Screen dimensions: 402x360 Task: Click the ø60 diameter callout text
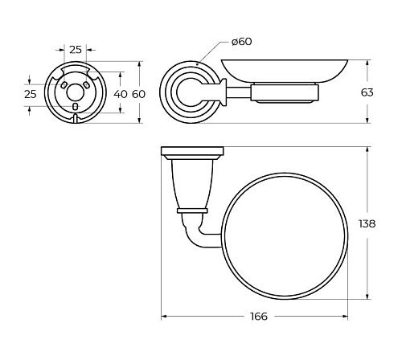pyautogui.click(x=242, y=42)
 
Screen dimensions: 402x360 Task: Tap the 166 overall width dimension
pyautogui.click(x=259, y=317)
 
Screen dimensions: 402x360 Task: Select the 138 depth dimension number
pyautogui.click(x=367, y=223)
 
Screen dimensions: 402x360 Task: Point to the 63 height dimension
pyautogui.click(x=367, y=92)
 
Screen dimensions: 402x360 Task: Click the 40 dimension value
pyautogui.click(x=121, y=94)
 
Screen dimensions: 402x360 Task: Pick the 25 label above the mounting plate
pyautogui.click(x=76, y=50)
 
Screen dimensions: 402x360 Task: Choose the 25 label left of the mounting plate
pyautogui.click(x=31, y=94)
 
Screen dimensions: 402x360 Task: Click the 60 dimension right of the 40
pyautogui.click(x=138, y=94)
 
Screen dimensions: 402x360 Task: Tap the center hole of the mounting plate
pyautogui.click(x=75, y=92)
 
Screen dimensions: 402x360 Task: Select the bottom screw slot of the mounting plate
pyautogui.click(x=76, y=107)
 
